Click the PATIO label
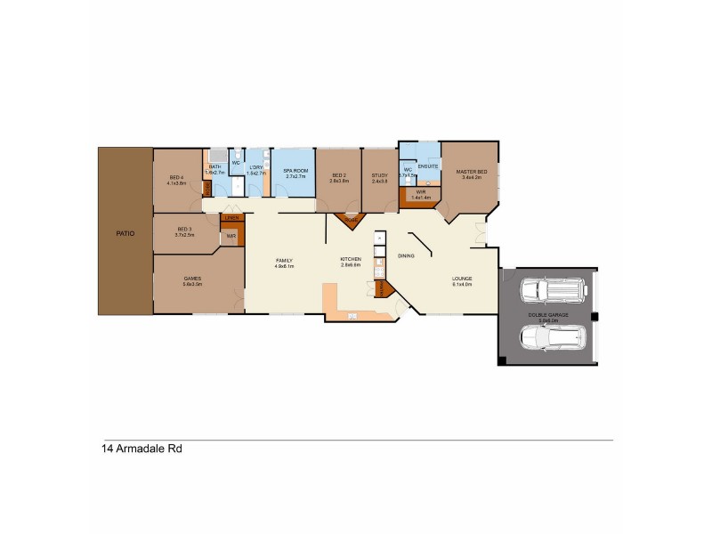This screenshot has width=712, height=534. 125,233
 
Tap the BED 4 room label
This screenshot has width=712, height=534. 176,177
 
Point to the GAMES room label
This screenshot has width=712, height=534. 192,279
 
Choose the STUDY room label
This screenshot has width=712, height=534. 379,176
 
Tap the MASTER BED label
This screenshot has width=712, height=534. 471,172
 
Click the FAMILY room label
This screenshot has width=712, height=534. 284,261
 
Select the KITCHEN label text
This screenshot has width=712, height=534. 351,261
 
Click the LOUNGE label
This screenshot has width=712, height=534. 462,279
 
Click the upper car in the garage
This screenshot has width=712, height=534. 552,290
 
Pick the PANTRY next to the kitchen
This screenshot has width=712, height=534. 383,289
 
